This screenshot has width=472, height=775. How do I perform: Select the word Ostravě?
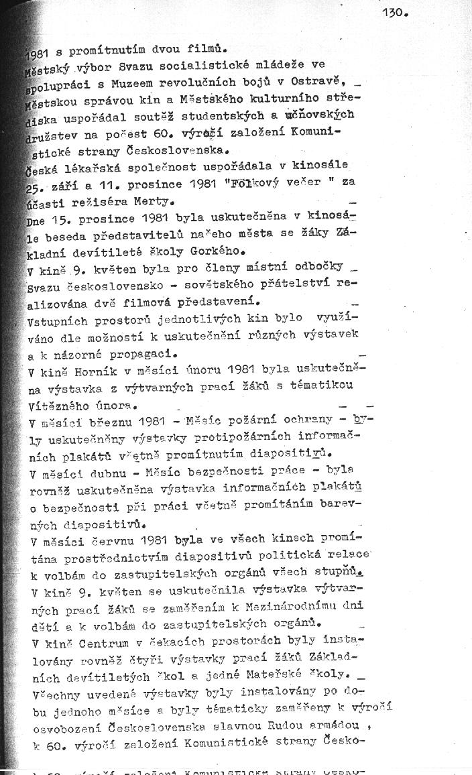coord(318,82)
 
